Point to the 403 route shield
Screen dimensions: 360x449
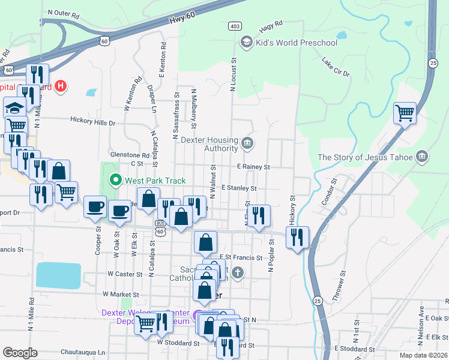coord(235,26)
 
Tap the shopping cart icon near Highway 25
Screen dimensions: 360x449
coord(405,112)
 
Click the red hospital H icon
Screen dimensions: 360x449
coord(60,87)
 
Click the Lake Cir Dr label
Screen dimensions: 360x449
coord(335,67)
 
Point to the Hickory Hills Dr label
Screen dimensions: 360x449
coord(92,122)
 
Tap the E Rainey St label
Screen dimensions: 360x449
coord(253,167)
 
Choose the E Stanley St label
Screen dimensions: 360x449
coord(239,188)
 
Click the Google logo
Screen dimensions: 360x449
coord(20,353)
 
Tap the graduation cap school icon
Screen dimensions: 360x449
coord(14,108)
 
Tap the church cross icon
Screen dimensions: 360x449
coord(238,274)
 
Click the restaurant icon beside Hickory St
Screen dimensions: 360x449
coord(297,237)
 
